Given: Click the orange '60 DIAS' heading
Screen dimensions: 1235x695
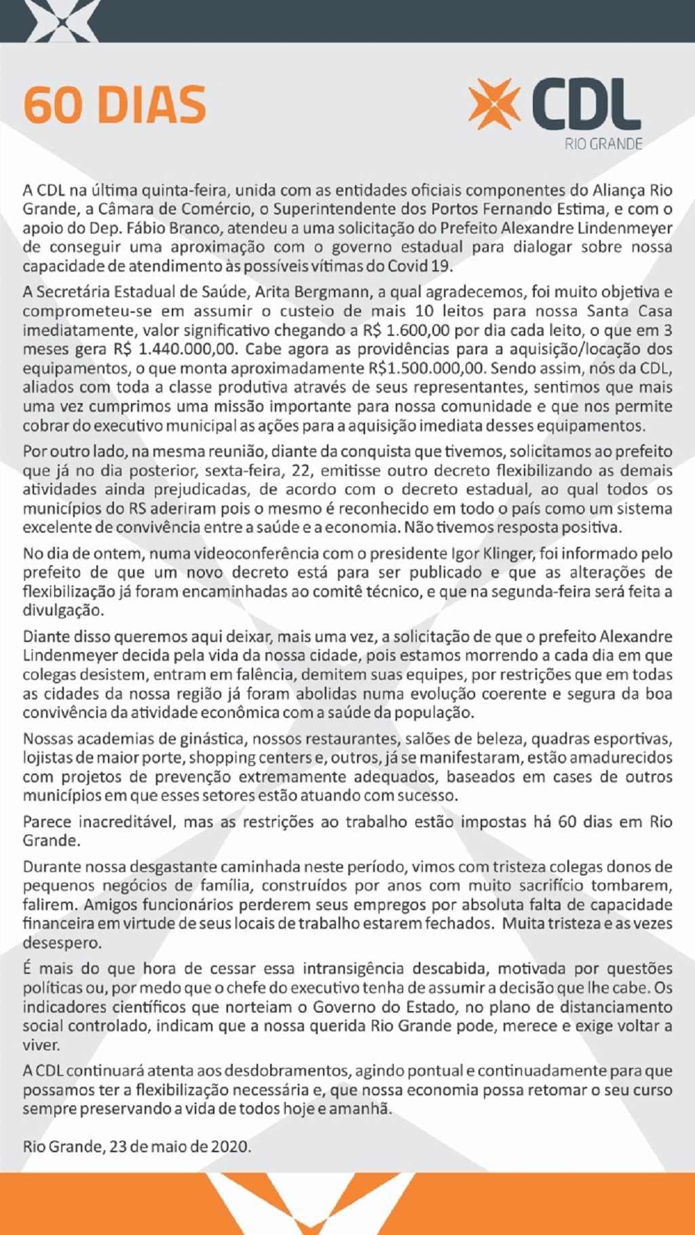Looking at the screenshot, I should coord(115,105).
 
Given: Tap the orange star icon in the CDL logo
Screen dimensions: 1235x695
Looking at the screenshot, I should coord(494,104).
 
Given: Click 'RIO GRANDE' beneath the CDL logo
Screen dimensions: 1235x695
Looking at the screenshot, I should coord(603,144).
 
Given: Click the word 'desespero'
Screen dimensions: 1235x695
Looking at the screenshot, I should coord(62,943).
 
